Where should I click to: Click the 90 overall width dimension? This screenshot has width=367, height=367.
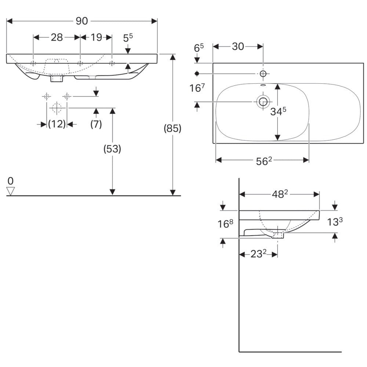click(82, 21)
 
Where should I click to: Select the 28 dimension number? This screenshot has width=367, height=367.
click(57, 37)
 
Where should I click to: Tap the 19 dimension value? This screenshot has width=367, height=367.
click(96, 37)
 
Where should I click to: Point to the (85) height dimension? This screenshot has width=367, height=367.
click(172, 128)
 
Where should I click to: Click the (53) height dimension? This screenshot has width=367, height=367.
click(112, 149)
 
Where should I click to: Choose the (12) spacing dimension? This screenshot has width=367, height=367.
click(57, 124)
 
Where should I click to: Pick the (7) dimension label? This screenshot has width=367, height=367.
click(96, 124)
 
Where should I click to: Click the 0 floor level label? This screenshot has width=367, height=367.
click(11, 181)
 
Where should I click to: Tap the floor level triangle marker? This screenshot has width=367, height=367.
click(11, 191)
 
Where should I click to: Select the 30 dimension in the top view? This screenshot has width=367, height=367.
click(238, 47)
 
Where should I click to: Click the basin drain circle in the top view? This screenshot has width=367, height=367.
click(263, 102)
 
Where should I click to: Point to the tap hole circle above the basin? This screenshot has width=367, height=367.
click(263, 74)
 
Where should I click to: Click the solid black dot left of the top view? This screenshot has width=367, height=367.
click(197, 73)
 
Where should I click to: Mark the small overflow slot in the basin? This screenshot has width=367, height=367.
click(263, 85)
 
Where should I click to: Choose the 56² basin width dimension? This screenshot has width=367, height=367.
click(264, 161)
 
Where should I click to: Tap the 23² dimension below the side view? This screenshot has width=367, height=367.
click(258, 254)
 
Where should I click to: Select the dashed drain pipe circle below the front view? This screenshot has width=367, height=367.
click(57, 108)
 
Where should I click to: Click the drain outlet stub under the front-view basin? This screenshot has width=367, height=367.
click(57, 78)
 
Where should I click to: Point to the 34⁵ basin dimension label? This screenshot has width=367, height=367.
click(278, 112)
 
